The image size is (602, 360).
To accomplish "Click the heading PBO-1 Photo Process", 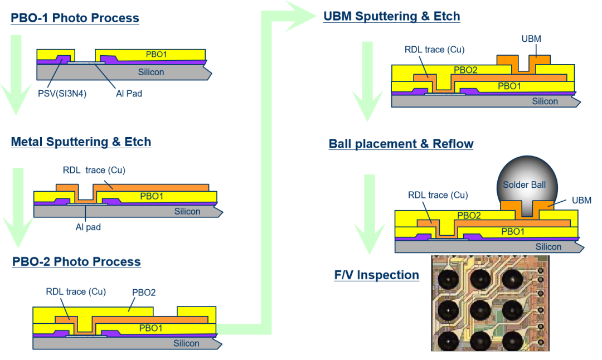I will pyautogui.click(x=75, y=18).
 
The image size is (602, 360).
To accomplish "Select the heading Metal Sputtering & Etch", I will pyautogui.click(x=81, y=142).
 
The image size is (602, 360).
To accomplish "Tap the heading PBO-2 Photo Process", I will pyautogui.click(x=76, y=261).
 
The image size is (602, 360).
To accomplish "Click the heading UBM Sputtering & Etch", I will pyautogui.click(x=392, y=16).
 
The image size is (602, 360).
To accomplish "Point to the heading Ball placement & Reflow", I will pyautogui.click(x=401, y=144).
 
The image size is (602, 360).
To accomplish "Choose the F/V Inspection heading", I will pyautogui.click(x=376, y=275).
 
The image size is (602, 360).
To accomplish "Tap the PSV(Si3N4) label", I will pyautogui.click(x=59, y=94).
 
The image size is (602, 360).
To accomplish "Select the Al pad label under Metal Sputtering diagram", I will pyautogui.click(x=88, y=227).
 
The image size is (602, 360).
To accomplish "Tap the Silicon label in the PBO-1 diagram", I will pyautogui.click(x=151, y=72).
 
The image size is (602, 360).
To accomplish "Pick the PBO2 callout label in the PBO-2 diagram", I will pyautogui.click(x=143, y=292).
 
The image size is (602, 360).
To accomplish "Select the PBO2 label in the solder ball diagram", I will pyautogui.click(x=469, y=215).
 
